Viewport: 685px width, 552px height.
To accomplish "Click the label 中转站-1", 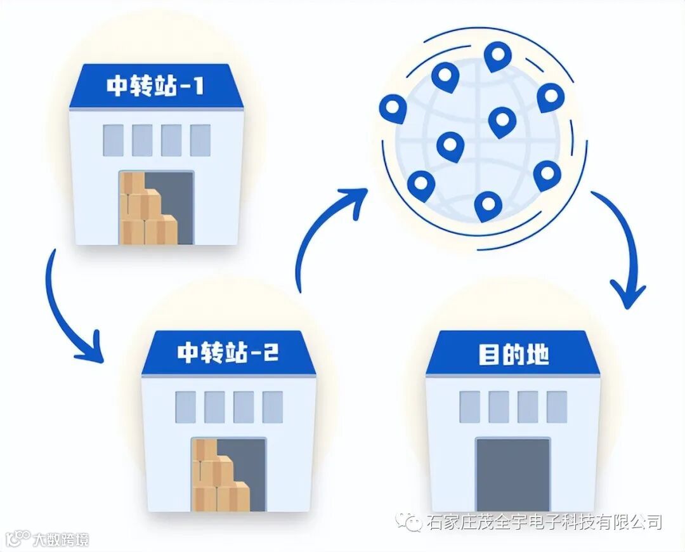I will (x=155, y=86).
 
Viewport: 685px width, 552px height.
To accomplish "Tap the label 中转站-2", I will (x=228, y=353).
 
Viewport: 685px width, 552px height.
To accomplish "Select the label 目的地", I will (x=513, y=354).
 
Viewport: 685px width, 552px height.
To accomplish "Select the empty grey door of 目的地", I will (x=512, y=475).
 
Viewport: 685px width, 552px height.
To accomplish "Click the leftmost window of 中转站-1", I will (x=113, y=140).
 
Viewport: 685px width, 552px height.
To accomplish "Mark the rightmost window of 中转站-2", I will (x=273, y=407).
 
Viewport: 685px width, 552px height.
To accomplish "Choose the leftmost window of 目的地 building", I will (x=469, y=407).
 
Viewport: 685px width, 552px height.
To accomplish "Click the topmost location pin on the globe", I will (x=497, y=56).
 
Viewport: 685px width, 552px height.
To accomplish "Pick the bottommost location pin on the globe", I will (x=488, y=206).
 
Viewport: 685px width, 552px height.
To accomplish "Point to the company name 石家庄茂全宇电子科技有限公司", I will (x=545, y=522).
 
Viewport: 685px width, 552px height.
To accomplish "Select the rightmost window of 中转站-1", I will (x=200, y=140).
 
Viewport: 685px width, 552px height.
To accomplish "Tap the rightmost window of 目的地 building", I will (x=557, y=407).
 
